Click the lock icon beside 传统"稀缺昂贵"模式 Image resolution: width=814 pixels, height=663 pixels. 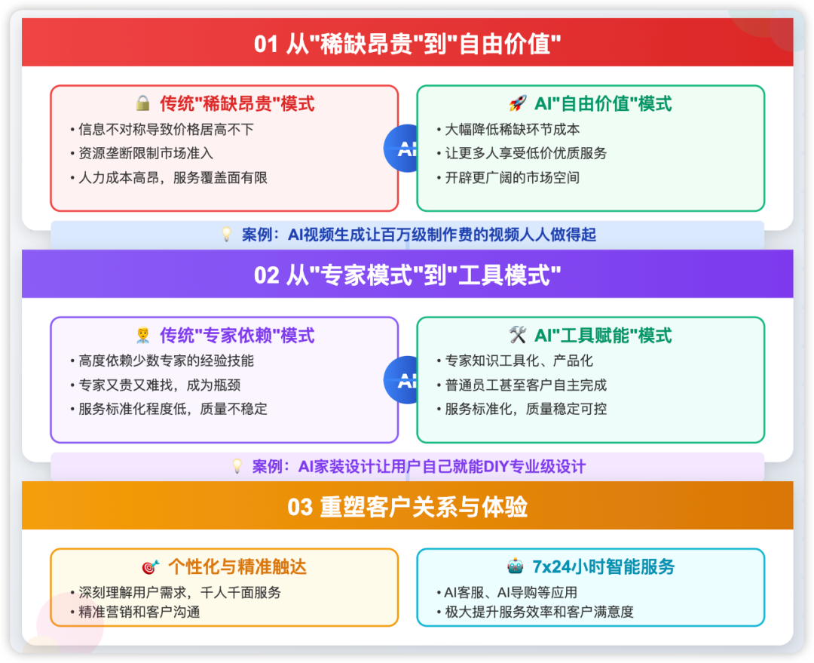(142, 103)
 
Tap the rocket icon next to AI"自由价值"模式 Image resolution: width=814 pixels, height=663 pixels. (518, 103)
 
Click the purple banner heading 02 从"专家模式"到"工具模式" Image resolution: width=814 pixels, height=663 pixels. (408, 275)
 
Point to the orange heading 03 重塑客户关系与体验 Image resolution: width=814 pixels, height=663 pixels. (408, 507)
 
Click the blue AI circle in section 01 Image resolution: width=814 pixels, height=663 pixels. (401, 149)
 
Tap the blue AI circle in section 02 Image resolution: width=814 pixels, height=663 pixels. (401, 380)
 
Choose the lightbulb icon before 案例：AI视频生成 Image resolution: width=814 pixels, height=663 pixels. (226, 235)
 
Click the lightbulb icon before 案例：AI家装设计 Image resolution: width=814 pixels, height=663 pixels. (237, 466)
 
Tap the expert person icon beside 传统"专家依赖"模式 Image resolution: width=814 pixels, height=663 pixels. (142, 335)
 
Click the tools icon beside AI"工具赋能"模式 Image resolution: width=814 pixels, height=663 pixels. (518, 335)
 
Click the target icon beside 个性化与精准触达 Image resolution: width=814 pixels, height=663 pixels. (151, 566)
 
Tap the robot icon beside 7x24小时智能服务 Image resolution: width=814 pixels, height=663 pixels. (516, 566)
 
